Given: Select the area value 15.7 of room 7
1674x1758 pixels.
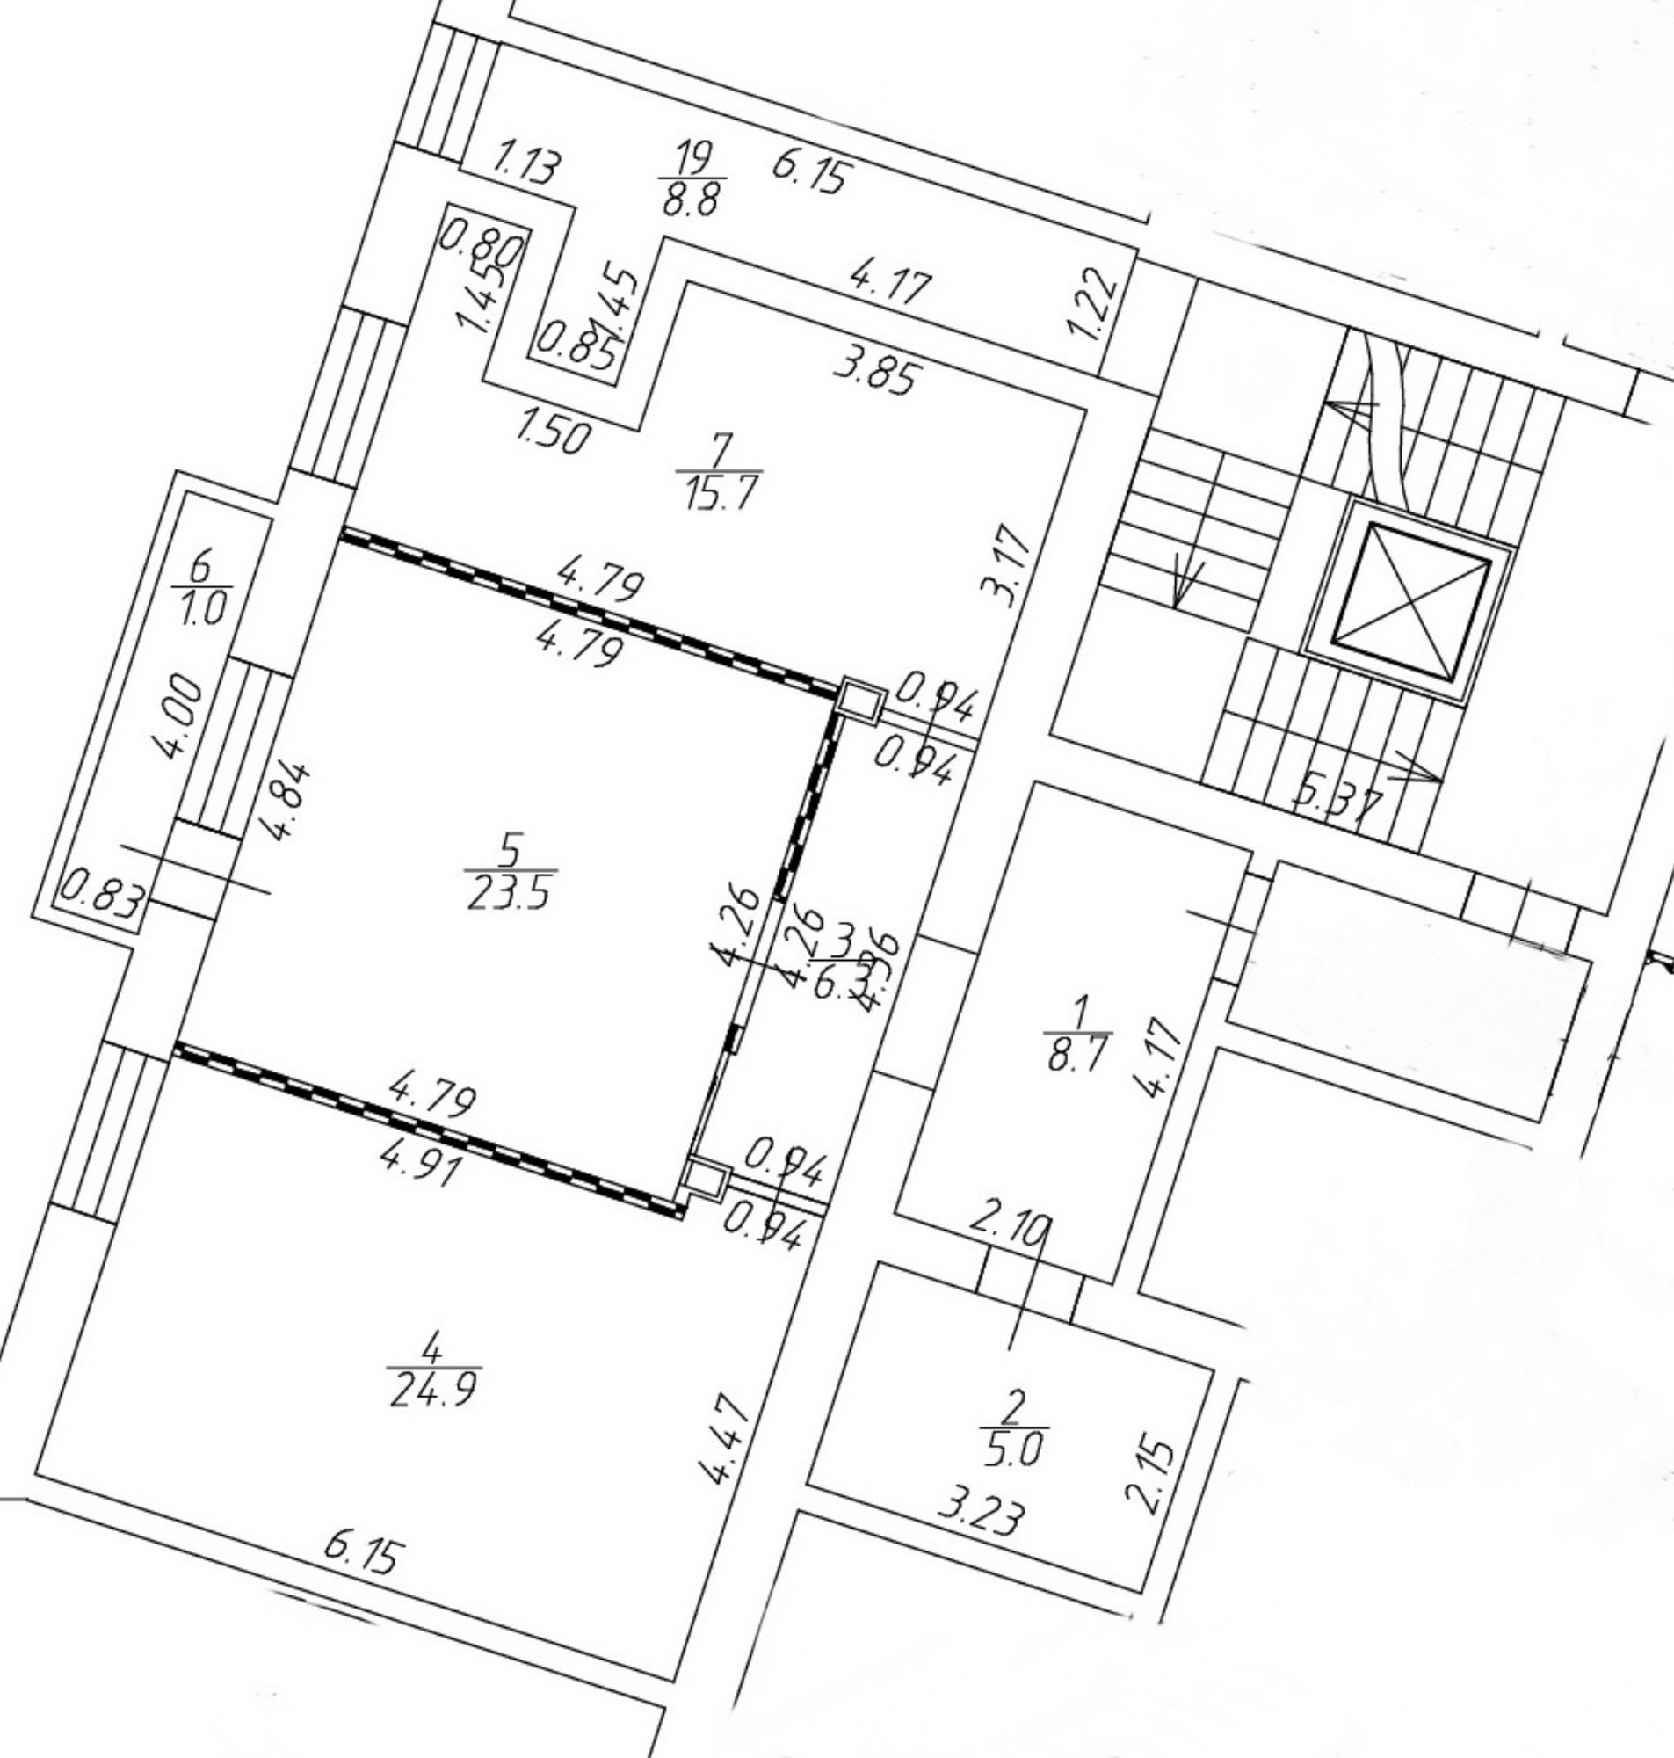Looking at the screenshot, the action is tap(719, 491).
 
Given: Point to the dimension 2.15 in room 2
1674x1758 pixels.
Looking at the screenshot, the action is tap(1156, 1476).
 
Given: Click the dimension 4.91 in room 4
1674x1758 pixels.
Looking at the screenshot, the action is tap(420, 1165).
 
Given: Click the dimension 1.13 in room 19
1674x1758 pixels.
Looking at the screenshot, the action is tap(526, 166).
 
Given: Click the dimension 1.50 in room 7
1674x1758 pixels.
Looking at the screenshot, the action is tap(554, 434).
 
